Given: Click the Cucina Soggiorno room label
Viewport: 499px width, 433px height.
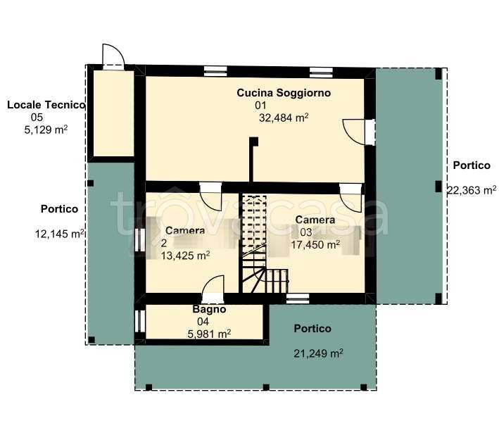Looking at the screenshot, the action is (x=284, y=93).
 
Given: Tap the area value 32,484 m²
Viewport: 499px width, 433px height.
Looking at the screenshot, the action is (x=284, y=118).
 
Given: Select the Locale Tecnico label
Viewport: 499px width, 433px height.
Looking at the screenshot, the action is (x=46, y=105).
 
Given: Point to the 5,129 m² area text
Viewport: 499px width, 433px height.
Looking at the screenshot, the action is (x=46, y=130).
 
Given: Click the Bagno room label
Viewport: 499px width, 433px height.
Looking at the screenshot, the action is (x=209, y=309).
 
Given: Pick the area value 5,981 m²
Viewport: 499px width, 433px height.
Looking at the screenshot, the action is (x=209, y=334).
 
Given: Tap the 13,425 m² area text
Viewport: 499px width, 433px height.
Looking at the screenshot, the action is (x=185, y=256).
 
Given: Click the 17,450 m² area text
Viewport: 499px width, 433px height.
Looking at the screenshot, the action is (x=315, y=244).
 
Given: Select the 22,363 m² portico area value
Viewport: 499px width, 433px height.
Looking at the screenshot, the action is (x=472, y=190).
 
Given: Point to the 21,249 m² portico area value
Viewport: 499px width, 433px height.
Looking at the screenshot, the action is (x=318, y=353).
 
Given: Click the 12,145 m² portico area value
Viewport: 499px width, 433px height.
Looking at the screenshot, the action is (x=60, y=234).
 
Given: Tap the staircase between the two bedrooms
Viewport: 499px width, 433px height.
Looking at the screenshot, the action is (x=265, y=244).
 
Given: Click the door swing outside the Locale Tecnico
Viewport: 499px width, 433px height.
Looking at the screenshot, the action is (x=113, y=55).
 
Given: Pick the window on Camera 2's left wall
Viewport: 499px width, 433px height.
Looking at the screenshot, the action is (x=140, y=240).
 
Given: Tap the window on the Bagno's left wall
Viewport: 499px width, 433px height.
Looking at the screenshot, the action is (x=140, y=321).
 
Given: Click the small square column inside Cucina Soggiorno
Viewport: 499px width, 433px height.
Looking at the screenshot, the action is (x=253, y=142).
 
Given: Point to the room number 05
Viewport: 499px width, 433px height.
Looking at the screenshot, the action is (x=37, y=117).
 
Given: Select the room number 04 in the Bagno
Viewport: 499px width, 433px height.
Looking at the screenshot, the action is (x=203, y=322).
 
